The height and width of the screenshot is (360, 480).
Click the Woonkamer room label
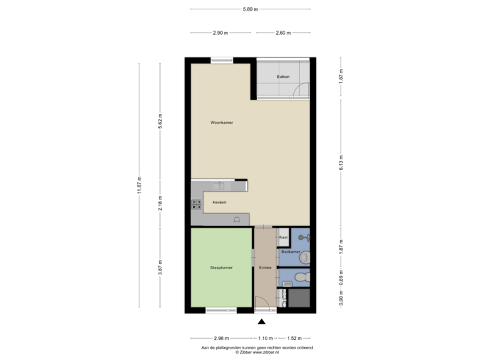221,123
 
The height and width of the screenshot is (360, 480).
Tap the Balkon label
283,77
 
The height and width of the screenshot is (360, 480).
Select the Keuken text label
219,202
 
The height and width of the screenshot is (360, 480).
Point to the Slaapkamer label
221,268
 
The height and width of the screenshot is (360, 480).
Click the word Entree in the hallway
265,268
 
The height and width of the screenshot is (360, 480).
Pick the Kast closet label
283,237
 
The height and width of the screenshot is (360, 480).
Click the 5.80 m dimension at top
250,9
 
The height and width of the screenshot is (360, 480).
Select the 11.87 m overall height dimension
139,185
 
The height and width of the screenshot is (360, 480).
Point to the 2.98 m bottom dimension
221,338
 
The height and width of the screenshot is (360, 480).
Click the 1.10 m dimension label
265,338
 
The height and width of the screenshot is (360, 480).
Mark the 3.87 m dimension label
160,267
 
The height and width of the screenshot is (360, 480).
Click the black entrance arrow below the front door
261,321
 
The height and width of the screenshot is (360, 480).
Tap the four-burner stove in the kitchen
197,204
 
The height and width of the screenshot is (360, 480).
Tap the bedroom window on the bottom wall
221,310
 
